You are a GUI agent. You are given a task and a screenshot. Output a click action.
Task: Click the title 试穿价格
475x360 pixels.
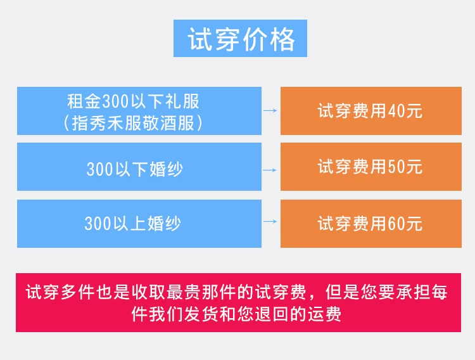[x=241, y=39]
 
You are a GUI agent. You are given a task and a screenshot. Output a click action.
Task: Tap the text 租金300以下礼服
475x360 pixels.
[x=133, y=101]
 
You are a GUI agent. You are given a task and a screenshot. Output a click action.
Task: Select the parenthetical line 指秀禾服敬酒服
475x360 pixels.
[x=133, y=123]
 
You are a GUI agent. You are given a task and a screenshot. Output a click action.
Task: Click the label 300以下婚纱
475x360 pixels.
[x=135, y=169]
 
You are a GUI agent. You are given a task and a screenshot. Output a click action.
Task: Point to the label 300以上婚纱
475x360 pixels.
[x=133, y=224]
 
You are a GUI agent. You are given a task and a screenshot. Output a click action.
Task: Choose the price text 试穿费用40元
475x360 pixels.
[x=370, y=111]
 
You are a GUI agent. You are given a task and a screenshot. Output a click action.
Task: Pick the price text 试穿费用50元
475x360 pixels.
[x=370, y=167]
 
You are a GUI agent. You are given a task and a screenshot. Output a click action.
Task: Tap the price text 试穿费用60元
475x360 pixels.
[x=370, y=224]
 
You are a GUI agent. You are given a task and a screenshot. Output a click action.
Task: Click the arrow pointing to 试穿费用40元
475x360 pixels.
[x=270, y=111]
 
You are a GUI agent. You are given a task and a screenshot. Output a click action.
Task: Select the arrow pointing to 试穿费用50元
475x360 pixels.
[x=270, y=170]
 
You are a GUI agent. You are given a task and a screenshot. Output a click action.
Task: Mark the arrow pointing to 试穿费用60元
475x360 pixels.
[x=270, y=221]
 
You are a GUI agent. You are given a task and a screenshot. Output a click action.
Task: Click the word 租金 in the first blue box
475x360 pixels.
[x=84, y=101]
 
